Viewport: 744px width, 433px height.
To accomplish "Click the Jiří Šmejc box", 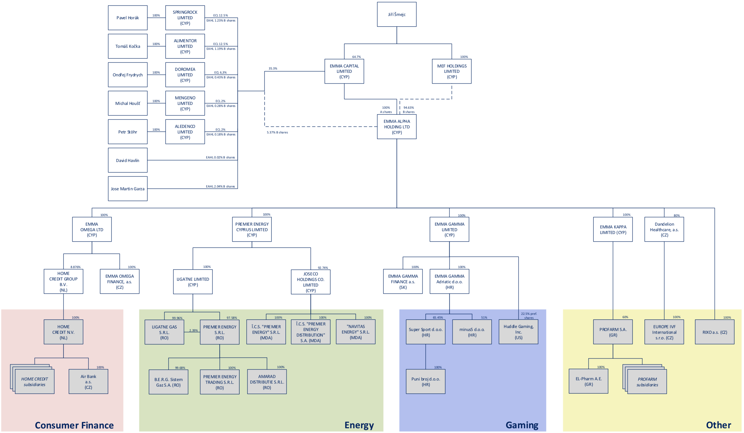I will [x=397, y=14].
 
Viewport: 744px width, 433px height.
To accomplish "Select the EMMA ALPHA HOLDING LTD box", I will [x=397, y=127].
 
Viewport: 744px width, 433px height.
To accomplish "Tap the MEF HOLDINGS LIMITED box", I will [x=451, y=71].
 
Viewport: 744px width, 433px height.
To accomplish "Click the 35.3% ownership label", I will [x=272, y=68].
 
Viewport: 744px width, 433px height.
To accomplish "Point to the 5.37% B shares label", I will [x=277, y=132].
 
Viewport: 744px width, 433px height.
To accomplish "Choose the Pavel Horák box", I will [x=128, y=18].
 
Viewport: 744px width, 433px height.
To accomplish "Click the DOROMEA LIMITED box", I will [x=185, y=75].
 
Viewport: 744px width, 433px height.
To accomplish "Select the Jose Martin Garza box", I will [x=128, y=189].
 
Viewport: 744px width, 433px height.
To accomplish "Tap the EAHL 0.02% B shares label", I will [x=220, y=157].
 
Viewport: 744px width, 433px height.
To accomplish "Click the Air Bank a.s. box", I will [x=88, y=382].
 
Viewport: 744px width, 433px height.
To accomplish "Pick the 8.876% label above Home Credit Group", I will [x=75, y=267].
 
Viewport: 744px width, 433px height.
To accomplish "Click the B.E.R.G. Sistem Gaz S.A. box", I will [x=168, y=382].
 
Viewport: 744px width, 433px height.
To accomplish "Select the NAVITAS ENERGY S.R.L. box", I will [x=356, y=332].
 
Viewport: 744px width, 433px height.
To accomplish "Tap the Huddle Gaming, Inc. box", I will [x=518, y=332].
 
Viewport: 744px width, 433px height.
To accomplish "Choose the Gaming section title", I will [x=522, y=425].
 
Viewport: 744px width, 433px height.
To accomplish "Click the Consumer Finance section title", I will [x=74, y=425].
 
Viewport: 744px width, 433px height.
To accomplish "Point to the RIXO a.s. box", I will [x=714, y=332].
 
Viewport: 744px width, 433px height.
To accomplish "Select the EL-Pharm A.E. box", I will [x=588, y=381].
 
